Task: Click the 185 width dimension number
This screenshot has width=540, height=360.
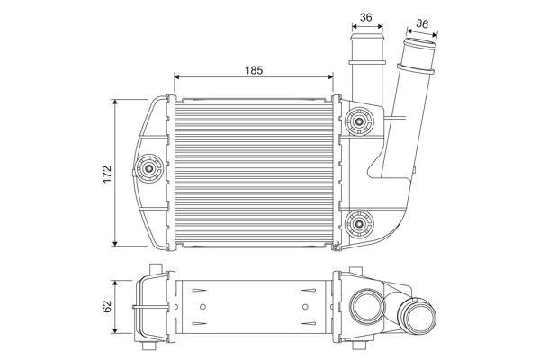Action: point(255,68)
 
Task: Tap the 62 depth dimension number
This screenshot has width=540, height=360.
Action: point(105,307)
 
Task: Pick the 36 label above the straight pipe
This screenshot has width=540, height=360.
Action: point(366,15)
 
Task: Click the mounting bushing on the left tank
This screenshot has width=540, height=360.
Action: point(148,166)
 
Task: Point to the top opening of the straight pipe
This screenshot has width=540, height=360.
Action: point(366,40)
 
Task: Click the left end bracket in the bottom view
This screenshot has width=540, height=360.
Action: point(148,307)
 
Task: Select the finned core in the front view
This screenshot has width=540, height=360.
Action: point(254,171)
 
